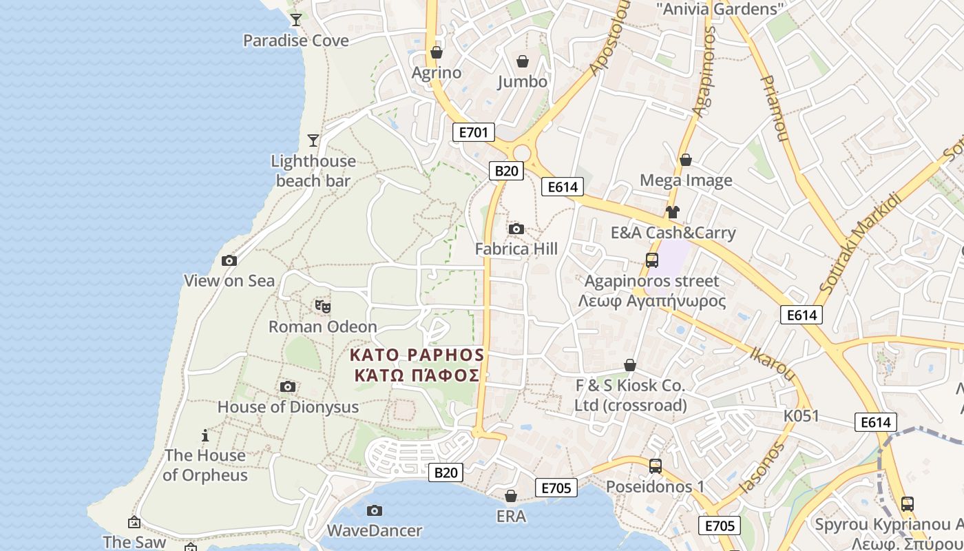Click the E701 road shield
[x=473, y=132]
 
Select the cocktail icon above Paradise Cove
[x=296, y=20]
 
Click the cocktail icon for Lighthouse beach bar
[x=313, y=141]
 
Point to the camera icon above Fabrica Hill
[x=516, y=229]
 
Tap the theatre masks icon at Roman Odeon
[x=322, y=306]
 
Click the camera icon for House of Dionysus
[x=288, y=386]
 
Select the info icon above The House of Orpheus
[x=205, y=435]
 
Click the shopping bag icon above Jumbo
[x=523, y=61]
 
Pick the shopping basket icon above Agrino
[x=436, y=52]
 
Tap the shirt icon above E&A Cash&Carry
[x=673, y=212]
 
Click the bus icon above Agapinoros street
[x=651, y=260]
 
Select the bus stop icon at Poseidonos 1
[x=655, y=466]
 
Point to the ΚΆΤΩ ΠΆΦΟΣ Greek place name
[x=416, y=375]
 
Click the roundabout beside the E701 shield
[x=522, y=152]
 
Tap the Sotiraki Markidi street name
[x=861, y=243]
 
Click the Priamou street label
[x=773, y=108]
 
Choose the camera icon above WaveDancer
[x=374, y=510]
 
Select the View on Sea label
[x=229, y=280]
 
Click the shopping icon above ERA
[x=511, y=496]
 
